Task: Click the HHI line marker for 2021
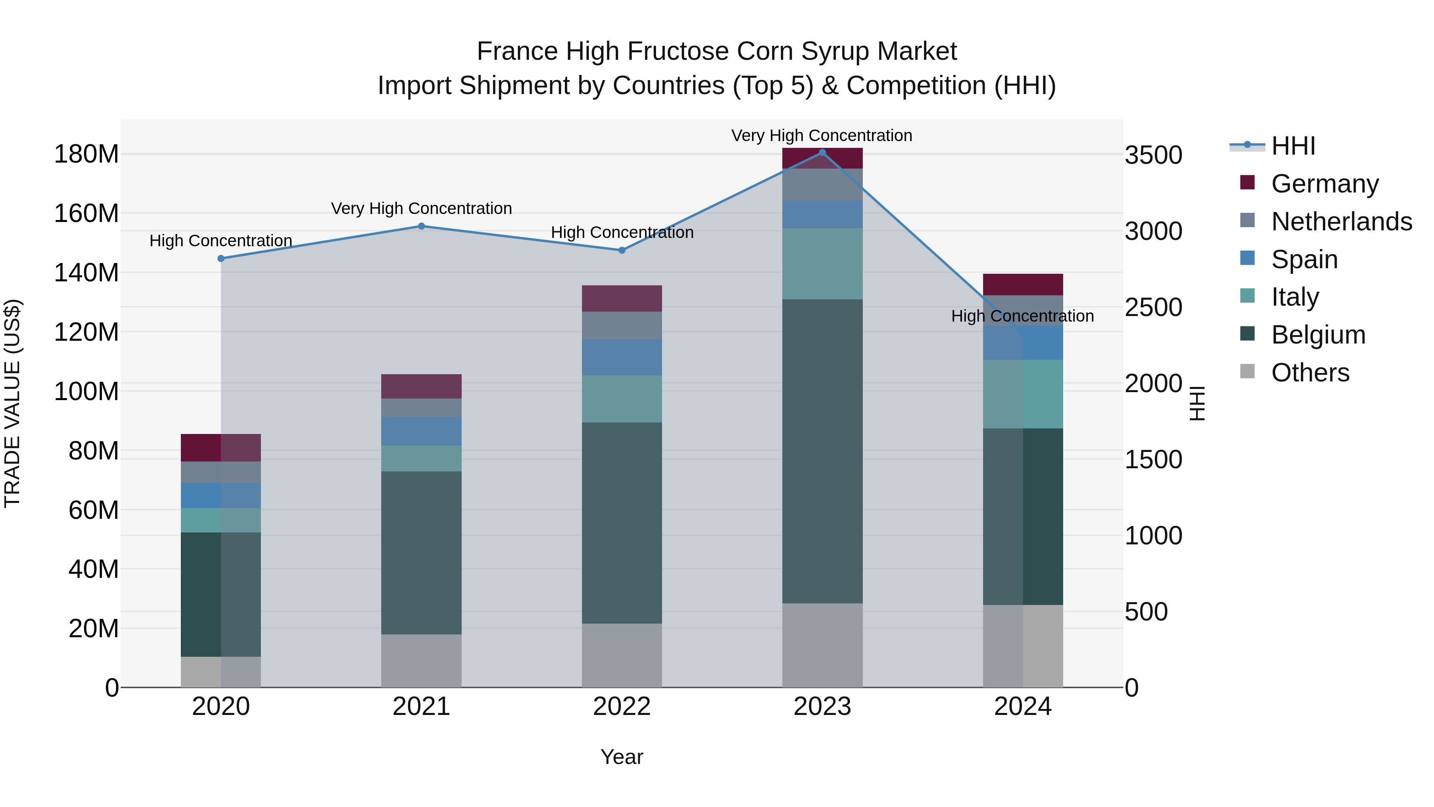click(x=421, y=226)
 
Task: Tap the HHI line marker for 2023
click(x=822, y=153)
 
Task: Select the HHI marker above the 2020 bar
click(x=221, y=258)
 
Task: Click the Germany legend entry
click(x=1324, y=184)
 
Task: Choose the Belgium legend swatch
click(x=1248, y=334)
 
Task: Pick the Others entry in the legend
click(x=1310, y=373)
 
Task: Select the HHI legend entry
click(x=1293, y=146)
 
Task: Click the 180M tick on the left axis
click(x=86, y=154)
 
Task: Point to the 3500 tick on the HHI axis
click(x=1154, y=155)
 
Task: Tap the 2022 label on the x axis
click(x=622, y=707)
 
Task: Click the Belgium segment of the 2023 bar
click(x=822, y=451)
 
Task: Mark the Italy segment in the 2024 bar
click(x=1023, y=394)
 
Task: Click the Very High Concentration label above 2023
click(x=822, y=135)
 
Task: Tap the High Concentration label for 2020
click(x=221, y=241)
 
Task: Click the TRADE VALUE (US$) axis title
click(x=12, y=404)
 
